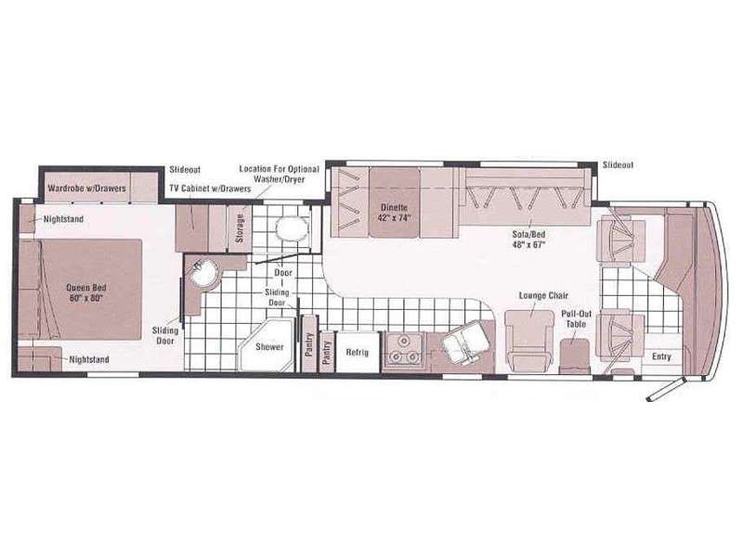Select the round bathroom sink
204,274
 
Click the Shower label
269,346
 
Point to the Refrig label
357,353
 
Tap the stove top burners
404,350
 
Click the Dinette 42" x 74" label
394,213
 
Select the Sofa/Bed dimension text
528,245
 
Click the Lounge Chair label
543,295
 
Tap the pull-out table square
574,356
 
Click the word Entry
661,356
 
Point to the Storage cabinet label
240,227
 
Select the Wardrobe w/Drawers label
86,188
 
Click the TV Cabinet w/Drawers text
210,188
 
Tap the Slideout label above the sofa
618,165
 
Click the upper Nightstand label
63,219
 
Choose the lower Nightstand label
89,359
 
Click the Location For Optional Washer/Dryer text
280,174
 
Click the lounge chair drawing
529,341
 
